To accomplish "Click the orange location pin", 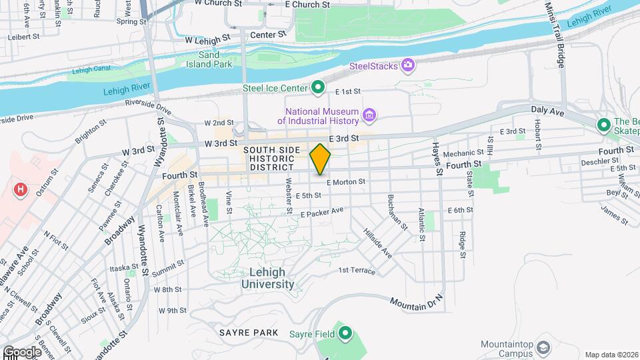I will [x=320, y=159].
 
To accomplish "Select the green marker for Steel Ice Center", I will [x=319, y=87].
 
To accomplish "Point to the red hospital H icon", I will [x=21, y=190].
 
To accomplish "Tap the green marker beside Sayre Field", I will [x=345, y=333].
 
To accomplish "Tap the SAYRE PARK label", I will [x=248, y=331].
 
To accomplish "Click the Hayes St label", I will [x=437, y=158].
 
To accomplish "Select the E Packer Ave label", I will [x=321, y=212].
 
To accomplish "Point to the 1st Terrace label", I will [x=357, y=271].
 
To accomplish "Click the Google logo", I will [x=21, y=351].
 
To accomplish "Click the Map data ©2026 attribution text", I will [x=611, y=355].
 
